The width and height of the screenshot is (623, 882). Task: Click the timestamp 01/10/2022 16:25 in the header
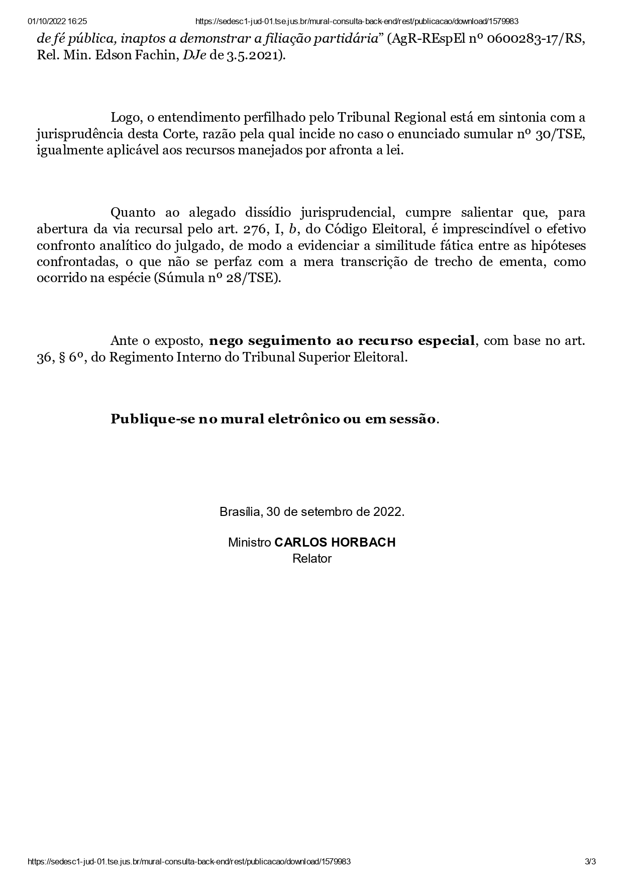[58, 21]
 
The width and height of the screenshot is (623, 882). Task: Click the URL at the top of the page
[356, 21]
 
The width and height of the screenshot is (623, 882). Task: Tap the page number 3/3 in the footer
[590, 861]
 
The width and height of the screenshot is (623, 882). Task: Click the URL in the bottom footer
[189, 861]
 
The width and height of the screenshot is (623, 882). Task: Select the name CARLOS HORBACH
[335, 542]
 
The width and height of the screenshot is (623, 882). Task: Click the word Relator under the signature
[311, 558]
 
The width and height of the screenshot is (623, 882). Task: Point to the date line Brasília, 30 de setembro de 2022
[311, 512]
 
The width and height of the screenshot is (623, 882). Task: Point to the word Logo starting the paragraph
[124, 118]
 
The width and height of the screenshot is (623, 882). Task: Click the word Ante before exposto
[124, 341]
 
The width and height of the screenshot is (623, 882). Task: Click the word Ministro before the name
[249, 542]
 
